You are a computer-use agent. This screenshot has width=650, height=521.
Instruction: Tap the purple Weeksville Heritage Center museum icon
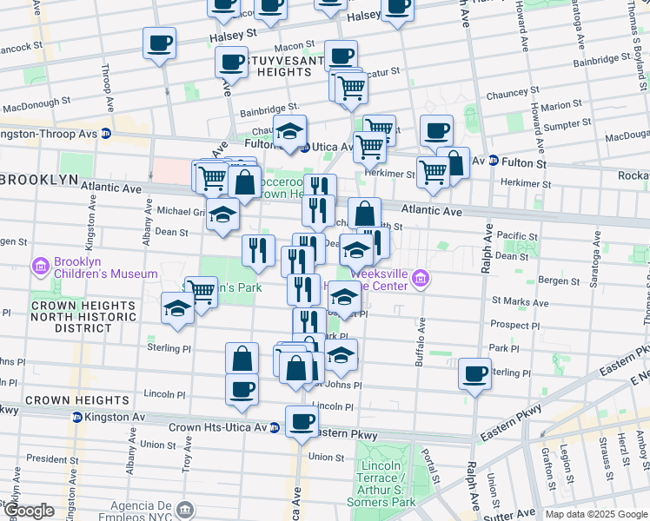[x=421, y=278]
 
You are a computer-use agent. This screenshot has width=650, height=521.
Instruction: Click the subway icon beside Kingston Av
[x=76, y=418]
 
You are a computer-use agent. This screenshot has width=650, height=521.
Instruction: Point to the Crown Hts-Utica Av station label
[x=217, y=427]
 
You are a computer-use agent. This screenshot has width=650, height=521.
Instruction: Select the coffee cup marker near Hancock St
[x=160, y=43]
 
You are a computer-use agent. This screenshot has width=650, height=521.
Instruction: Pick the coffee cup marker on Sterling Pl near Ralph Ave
[x=474, y=374]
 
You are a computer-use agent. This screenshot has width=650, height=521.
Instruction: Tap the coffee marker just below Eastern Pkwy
[x=302, y=422]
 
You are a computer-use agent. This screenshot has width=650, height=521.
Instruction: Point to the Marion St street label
[x=554, y=106]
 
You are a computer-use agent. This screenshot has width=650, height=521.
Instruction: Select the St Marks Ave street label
[x=520, y=303]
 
